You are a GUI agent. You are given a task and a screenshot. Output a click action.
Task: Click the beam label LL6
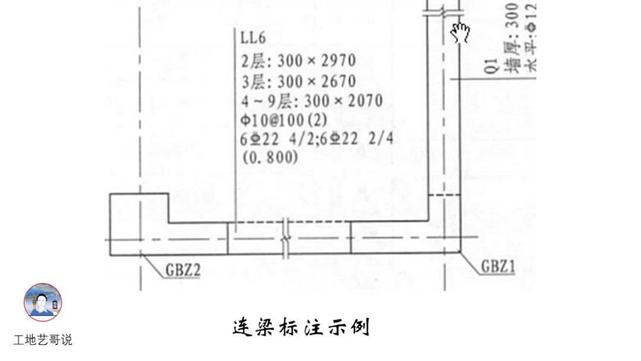click(253, 39)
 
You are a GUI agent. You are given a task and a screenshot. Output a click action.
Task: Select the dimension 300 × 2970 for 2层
click(316, 61)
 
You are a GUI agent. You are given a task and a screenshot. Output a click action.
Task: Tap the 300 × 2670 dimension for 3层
click(316, 81)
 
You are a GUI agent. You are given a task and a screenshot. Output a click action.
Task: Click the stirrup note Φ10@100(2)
click(284, 119)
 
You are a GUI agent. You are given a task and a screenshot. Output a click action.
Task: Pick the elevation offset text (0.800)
click(269, 157)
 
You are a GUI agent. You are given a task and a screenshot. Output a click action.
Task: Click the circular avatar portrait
click(43, 302)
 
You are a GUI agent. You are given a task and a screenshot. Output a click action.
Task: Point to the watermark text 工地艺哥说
click(43, 340)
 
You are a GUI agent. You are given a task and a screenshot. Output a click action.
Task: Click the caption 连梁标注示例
click(301, 327)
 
